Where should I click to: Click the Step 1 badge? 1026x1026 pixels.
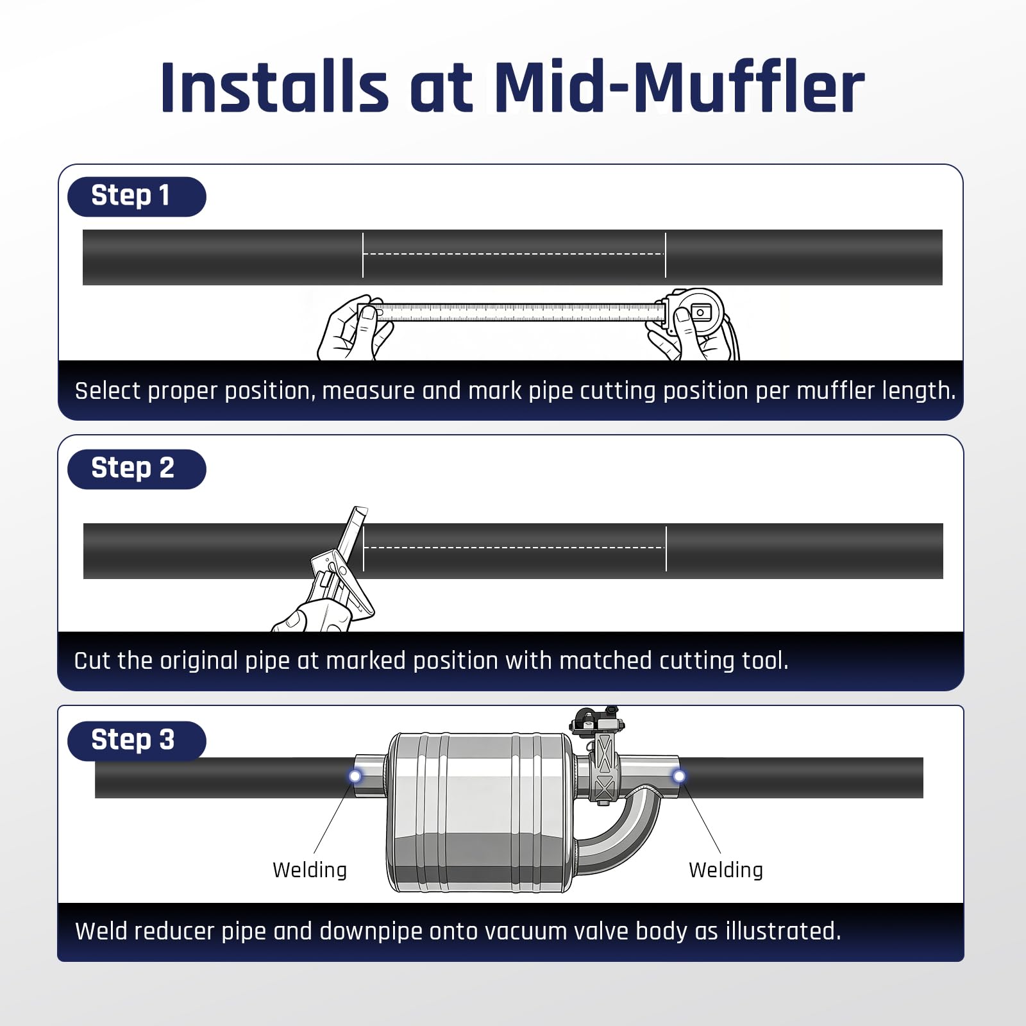click(137, 196)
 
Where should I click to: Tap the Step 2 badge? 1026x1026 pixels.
click(137, 469)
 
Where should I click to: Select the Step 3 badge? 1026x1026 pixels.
click(137, 741)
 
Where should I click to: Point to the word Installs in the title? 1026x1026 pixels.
click(274, 87)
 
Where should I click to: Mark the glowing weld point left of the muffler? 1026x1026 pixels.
click(355, 777)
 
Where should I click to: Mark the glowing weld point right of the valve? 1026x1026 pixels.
click(679, 777)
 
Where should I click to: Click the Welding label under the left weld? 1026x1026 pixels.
click(310, 870)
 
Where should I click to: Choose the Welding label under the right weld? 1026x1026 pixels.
click(726, 870)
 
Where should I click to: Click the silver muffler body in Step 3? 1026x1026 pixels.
click(481, 812)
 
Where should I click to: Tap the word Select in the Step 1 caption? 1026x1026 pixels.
click(107, 391)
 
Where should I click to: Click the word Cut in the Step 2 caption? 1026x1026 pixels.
click(92, 660)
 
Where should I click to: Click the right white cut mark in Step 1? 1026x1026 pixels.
click(666, 255)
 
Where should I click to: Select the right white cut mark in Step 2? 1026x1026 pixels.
click(666, 548)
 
